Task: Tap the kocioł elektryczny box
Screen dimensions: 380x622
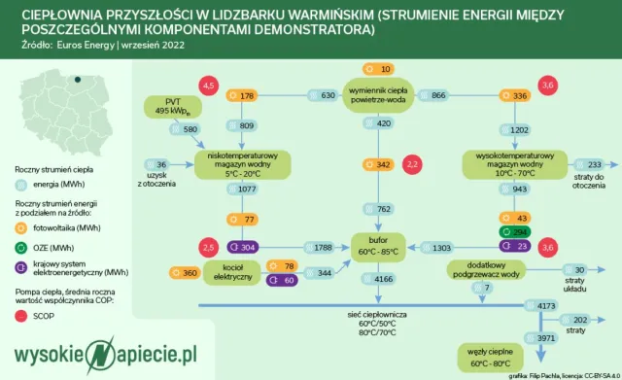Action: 230,271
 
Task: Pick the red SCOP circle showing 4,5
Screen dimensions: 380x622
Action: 207,86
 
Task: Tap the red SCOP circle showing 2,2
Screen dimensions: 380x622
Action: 412,164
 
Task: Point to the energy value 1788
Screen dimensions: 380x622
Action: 320,247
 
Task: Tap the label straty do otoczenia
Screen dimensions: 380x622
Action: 589,181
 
